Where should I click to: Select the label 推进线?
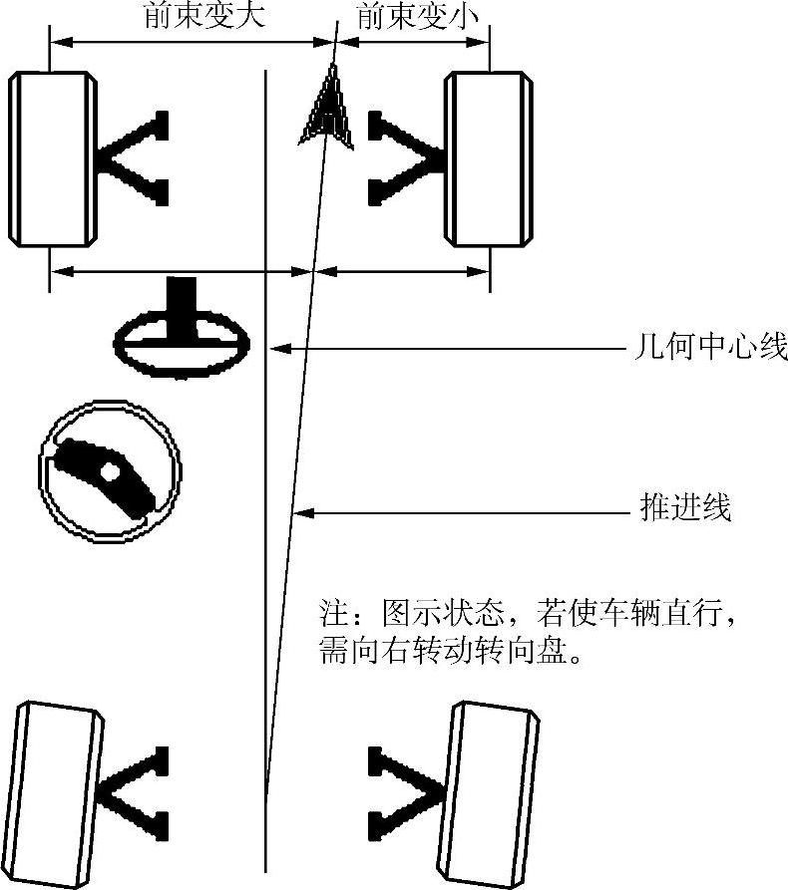(685, 509)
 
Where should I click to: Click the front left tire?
(51, 159)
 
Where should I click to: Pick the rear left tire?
(60, 787)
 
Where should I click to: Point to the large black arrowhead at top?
(327, 108)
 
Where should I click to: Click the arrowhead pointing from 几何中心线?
(282, 348)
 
